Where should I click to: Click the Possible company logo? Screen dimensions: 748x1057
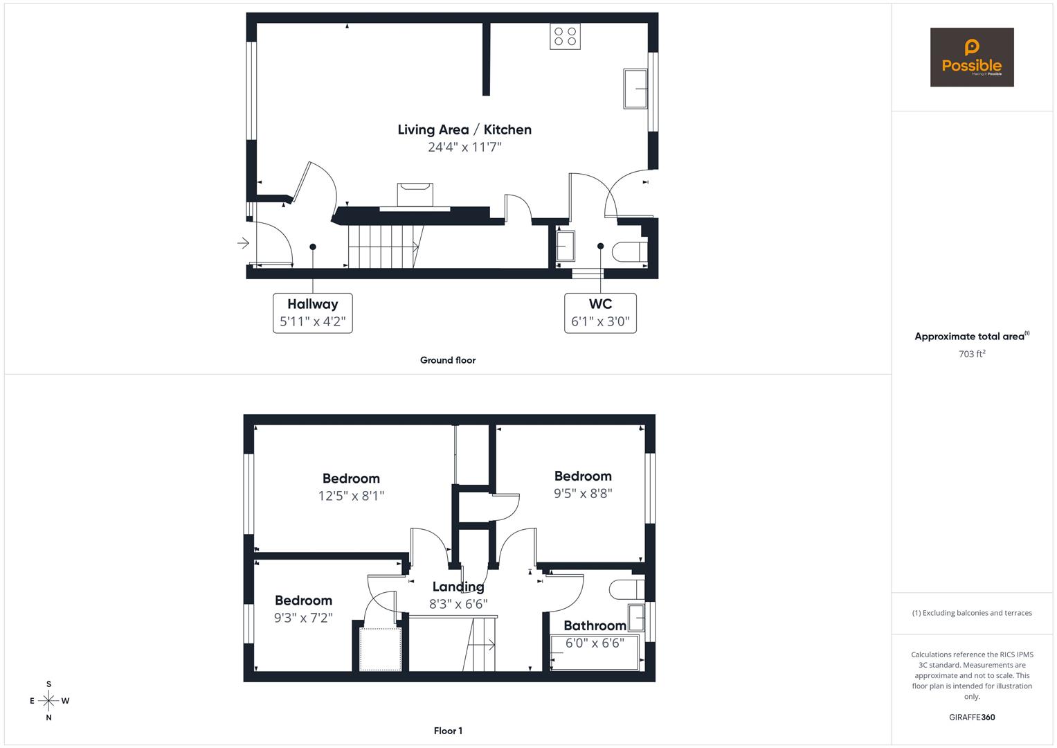point(971,57)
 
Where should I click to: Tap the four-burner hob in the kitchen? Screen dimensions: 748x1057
point(565,36)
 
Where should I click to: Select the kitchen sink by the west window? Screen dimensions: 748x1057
point(635,89)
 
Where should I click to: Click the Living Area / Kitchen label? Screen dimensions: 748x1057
point(464,130)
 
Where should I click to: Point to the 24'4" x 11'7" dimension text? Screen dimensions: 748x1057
point(464,147)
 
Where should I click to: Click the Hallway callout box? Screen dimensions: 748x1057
point(313,313)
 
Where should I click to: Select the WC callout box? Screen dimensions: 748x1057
point(600,313)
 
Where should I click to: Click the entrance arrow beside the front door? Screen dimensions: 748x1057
point(243,243)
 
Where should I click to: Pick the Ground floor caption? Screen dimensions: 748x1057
point(448,360)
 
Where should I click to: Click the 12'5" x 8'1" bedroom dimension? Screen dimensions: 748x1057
point(351,496)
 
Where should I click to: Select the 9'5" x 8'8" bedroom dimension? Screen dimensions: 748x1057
point(583,494)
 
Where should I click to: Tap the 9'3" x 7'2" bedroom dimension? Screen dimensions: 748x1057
point(303,618)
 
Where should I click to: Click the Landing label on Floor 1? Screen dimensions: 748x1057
point(458,587)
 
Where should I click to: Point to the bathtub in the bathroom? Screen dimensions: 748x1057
point(594,653)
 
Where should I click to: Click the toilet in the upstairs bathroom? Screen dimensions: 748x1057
point(626,589)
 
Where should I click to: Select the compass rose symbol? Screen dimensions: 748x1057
point(48,701)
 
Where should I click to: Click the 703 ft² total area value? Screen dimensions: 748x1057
point(971,354)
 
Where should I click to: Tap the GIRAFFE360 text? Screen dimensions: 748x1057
point(971,718)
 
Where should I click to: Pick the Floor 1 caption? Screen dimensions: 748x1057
point(448,731)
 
